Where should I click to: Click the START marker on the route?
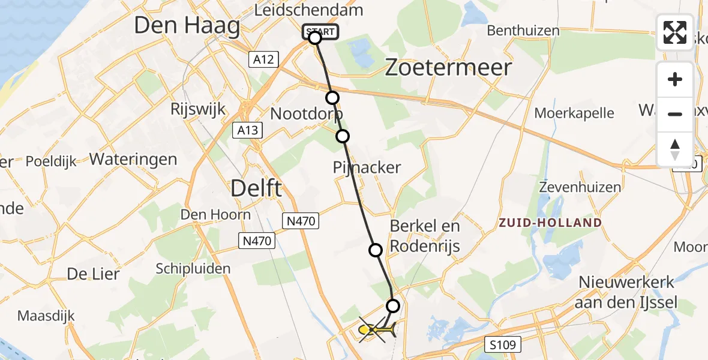(x=320, y=31)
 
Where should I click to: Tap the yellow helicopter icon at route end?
(x=374, y=329)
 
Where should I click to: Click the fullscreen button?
(x=675, y=32)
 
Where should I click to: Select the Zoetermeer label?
(x=448, y=67)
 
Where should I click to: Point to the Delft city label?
(x=256, y=189)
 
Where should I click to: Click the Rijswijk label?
(x=197, y=109)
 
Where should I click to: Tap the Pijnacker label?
(x=367, y=167)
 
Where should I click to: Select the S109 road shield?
(x=503, y=345)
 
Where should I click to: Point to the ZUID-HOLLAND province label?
(x=550, y=223)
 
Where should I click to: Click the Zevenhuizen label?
(x=580, y=187)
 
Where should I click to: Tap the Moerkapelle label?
(x=574, y=113)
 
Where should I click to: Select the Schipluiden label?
(x=193, y=268)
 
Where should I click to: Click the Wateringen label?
(x=133, y=160)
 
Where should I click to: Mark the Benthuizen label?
(x=523, y=30)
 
